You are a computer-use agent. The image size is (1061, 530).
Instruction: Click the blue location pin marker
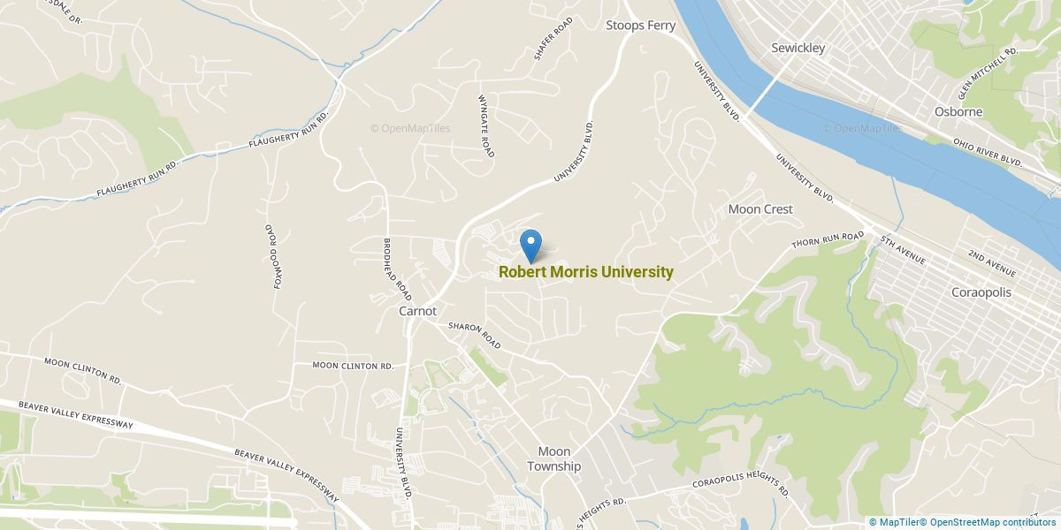(530, 244)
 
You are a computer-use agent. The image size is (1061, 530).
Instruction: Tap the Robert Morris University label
(586, 272)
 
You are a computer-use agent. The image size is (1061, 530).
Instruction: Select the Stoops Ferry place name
(640, 26)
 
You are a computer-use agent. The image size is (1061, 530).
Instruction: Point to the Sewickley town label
(798, 48)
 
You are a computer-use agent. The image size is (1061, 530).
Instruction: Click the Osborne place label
(958, 112)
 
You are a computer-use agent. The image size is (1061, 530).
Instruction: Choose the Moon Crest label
(760, 209)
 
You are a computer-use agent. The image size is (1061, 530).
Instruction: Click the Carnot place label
(417, 311)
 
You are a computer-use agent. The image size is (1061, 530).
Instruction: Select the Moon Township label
(554, 458)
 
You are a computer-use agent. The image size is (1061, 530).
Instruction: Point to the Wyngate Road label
(486, 126)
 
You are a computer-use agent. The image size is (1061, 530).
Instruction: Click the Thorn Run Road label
(827, 240)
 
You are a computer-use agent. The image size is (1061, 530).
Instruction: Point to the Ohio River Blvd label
(988, 151)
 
